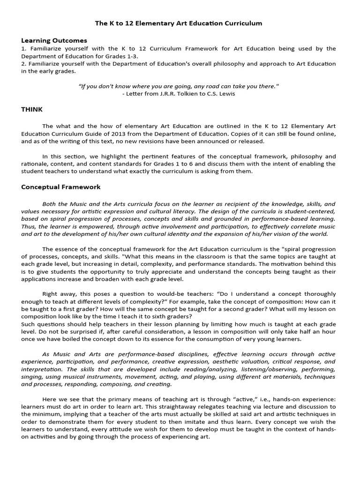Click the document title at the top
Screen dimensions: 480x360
point(179,23)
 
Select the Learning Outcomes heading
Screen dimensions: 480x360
point(54,40)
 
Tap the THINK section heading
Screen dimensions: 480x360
point(32,109)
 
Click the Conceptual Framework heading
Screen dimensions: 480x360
point(60,187)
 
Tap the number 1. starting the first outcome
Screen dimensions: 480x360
point(24,48)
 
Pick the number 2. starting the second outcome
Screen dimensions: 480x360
point(24,64)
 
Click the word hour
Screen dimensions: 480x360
point(327,331)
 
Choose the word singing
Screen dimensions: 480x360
point(32,377)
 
